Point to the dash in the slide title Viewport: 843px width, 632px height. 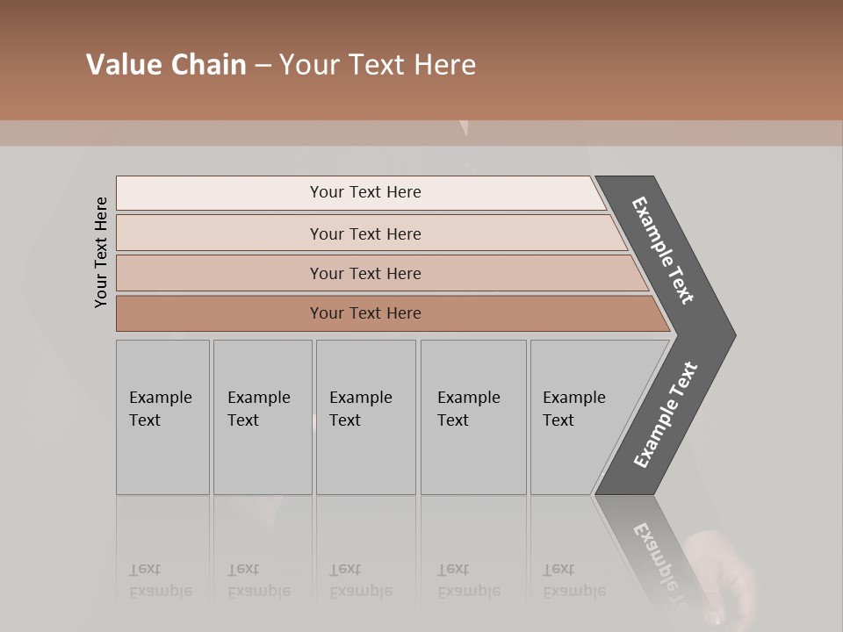point(263,66)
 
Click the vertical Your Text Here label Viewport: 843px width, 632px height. point(101,252)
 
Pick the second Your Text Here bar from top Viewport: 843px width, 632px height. point(364,233)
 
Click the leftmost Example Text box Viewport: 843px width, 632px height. point(162,417)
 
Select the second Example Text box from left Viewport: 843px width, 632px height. point(262,417)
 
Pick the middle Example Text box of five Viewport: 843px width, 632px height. point(365,417)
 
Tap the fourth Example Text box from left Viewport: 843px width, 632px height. point(472,417)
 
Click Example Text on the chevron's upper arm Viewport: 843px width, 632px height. point(663,250)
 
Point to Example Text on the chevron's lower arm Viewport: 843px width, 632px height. point(665,415)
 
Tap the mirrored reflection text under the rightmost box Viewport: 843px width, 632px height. point(574,580)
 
